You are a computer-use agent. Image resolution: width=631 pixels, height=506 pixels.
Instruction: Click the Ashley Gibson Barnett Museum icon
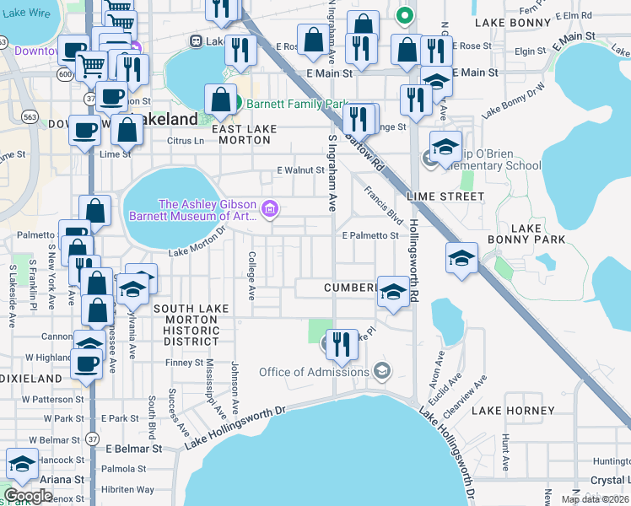click(x=270, y=208)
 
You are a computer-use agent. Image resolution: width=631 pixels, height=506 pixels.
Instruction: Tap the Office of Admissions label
click(x=314, y=372)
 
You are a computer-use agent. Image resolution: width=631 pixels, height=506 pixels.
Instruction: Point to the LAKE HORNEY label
click(x=513, y=411)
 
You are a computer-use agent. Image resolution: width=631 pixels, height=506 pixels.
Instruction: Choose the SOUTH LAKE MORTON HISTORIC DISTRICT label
click(x=191, y=325)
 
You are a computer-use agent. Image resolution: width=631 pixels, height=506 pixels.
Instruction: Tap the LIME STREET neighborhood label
click(x=445, y=196)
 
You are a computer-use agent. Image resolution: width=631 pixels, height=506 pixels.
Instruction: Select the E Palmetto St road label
click(x=369, y=235)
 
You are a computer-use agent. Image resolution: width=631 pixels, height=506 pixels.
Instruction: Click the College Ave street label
click(x=251, y=276)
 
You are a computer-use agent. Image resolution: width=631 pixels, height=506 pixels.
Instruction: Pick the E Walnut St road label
click(x=301, y=170)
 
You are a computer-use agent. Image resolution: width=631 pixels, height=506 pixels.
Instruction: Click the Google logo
click(x=28, y=495)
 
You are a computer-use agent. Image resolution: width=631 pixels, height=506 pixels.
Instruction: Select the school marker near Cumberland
click(x=391, y=291)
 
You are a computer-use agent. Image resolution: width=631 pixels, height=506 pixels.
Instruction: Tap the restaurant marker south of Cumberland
click(x=341, y=342)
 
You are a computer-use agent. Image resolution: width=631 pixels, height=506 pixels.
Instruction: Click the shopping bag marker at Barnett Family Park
click(x=220, y=100)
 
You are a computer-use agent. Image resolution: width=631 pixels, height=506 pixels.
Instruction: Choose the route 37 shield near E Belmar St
click(x=90, y=439)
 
